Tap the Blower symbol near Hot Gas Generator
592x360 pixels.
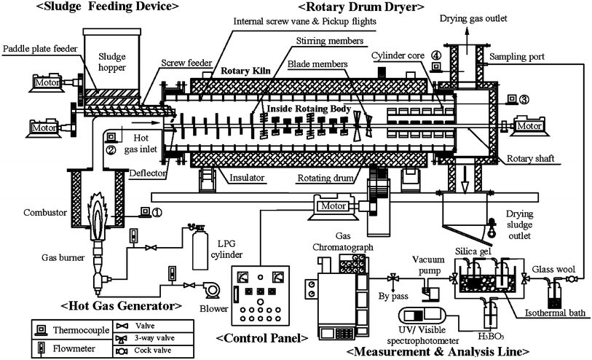click(213, 289)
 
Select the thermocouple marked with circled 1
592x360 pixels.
click(146, 213)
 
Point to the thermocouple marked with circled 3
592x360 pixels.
click(511, 99)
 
